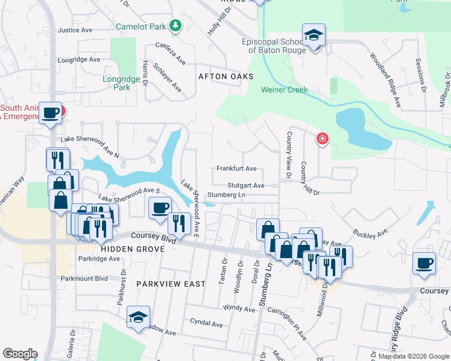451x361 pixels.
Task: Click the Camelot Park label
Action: pos(141,26)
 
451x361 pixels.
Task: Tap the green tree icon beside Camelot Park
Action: pos(175,26)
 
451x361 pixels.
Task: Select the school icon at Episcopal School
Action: pos(314,35)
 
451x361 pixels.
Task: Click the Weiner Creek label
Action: pos(284,90)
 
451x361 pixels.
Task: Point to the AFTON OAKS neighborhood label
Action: pos(226,76)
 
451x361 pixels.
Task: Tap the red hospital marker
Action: pos(323,139)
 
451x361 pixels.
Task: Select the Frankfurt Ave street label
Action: pos(237,168)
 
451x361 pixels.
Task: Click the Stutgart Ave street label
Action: pos(246,185)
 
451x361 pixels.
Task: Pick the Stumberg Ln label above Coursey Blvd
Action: pos(226,195)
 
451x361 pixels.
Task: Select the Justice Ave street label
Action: pos(75,29)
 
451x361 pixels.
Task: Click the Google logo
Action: pos(20,354)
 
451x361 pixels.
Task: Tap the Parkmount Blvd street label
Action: pos(84,279)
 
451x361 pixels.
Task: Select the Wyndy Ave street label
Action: pos(239,308)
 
